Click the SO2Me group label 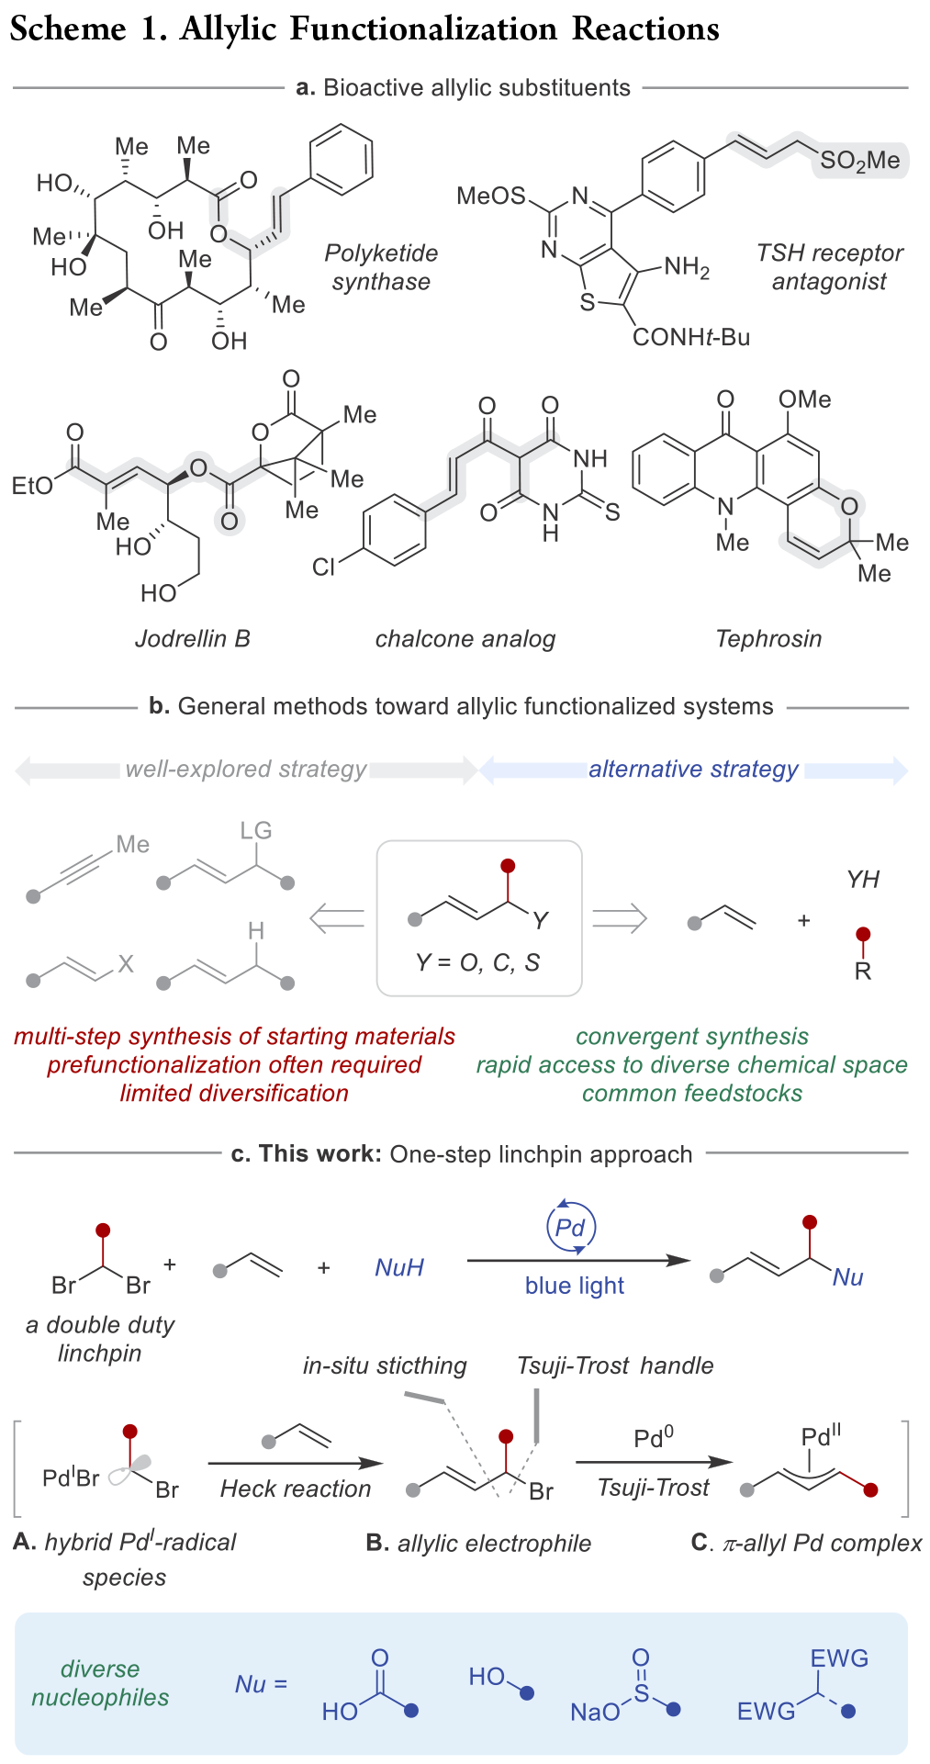(859, 161)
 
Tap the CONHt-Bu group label (691, 337)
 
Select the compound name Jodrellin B (193, 638)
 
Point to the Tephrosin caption (768, 638)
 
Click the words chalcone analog (465, 638)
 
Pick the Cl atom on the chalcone (323, 567)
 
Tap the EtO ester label (32, 486)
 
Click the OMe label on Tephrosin (804, 399)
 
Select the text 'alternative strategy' (694, 769)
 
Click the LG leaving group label (256, 831)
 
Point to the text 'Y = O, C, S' (477, 961)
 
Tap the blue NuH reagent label (399, 1267)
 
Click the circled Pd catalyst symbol (571, 1227)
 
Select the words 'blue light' (575, 1286)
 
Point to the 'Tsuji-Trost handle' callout (615, 1365)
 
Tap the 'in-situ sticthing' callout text (385, 1365)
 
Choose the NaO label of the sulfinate (595, 1712)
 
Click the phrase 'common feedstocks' (692, 1093)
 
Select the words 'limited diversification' (234, 1093)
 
